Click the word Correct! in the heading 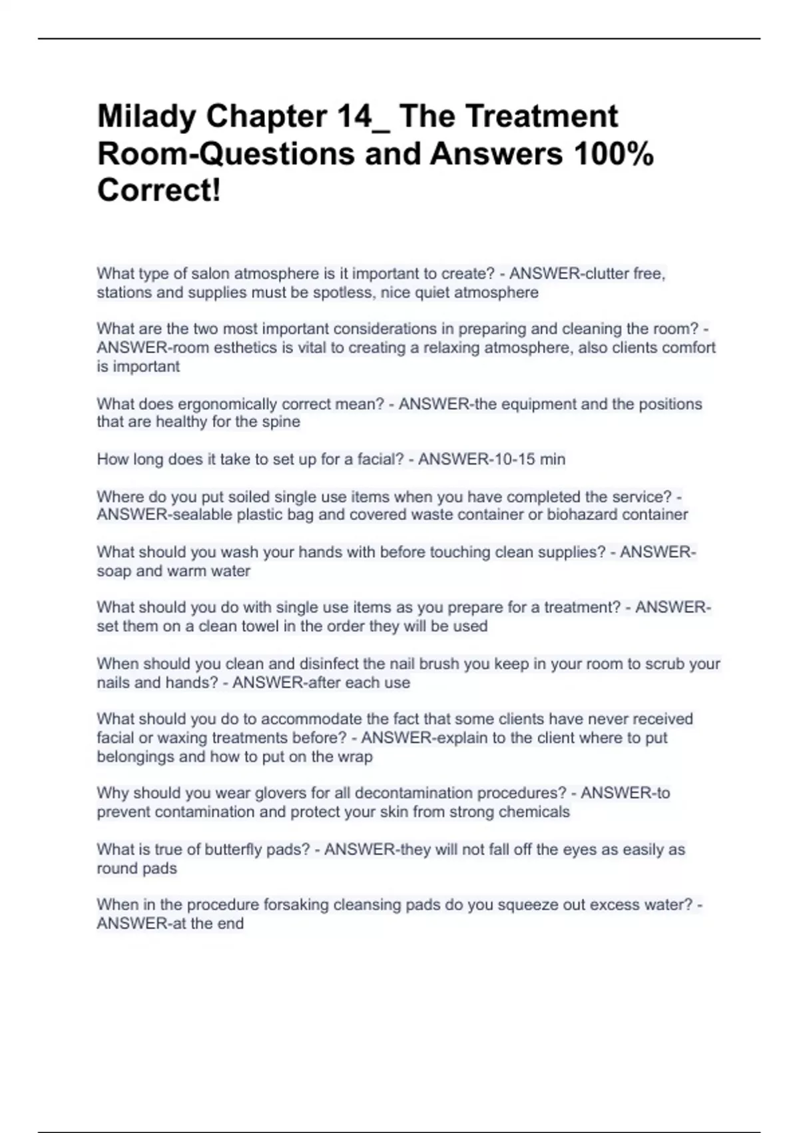pos(159,191)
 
